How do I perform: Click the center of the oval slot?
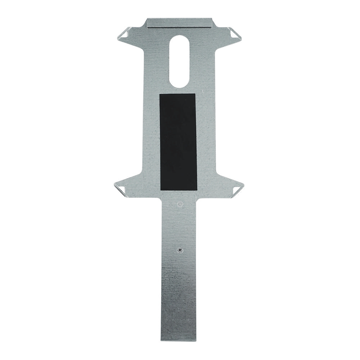(179, 61)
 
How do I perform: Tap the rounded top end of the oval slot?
(179, 36)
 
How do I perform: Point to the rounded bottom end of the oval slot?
(179, 86)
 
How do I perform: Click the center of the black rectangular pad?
(178, 142)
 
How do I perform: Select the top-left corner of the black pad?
(159, 94)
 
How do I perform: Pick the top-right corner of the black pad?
(195, 94)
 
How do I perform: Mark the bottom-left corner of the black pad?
(160, 190)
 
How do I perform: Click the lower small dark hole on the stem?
(179, 249)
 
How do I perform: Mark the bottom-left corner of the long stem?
(161, 340)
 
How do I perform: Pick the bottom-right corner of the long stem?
(198, 340)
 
